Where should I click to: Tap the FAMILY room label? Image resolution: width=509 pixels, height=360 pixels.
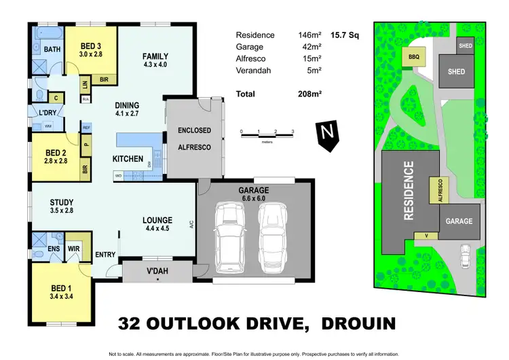coord(155,56)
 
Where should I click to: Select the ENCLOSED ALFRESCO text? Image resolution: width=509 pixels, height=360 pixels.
coord(194,139)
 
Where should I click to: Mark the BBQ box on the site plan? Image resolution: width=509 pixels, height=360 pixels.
coord(414,58)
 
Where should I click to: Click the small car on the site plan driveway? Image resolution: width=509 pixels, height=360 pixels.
coord(464,256)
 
